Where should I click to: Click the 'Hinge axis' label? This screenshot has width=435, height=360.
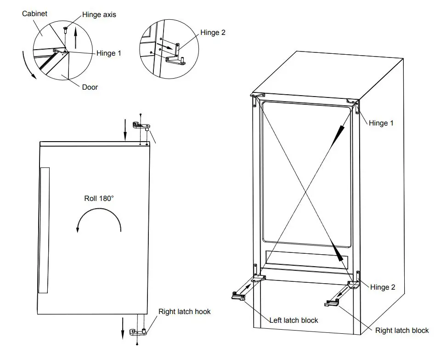(99, 15)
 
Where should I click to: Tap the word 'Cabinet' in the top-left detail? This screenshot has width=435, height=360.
(34, 14)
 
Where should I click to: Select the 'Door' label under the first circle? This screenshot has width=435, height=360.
(90, 86)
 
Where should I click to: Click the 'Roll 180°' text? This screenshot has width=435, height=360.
(98, 198)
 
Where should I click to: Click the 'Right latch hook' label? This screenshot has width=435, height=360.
(184, 312)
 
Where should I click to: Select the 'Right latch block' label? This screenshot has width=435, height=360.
(402, 330)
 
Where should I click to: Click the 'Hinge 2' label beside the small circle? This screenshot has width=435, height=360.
(213, 33)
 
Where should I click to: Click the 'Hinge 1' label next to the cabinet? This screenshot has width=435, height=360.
(381, 123)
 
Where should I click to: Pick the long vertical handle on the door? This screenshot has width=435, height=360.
(44, 230)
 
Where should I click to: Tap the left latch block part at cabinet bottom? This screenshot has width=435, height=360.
(238, 296)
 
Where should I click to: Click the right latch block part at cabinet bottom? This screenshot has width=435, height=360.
(332, 303)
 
